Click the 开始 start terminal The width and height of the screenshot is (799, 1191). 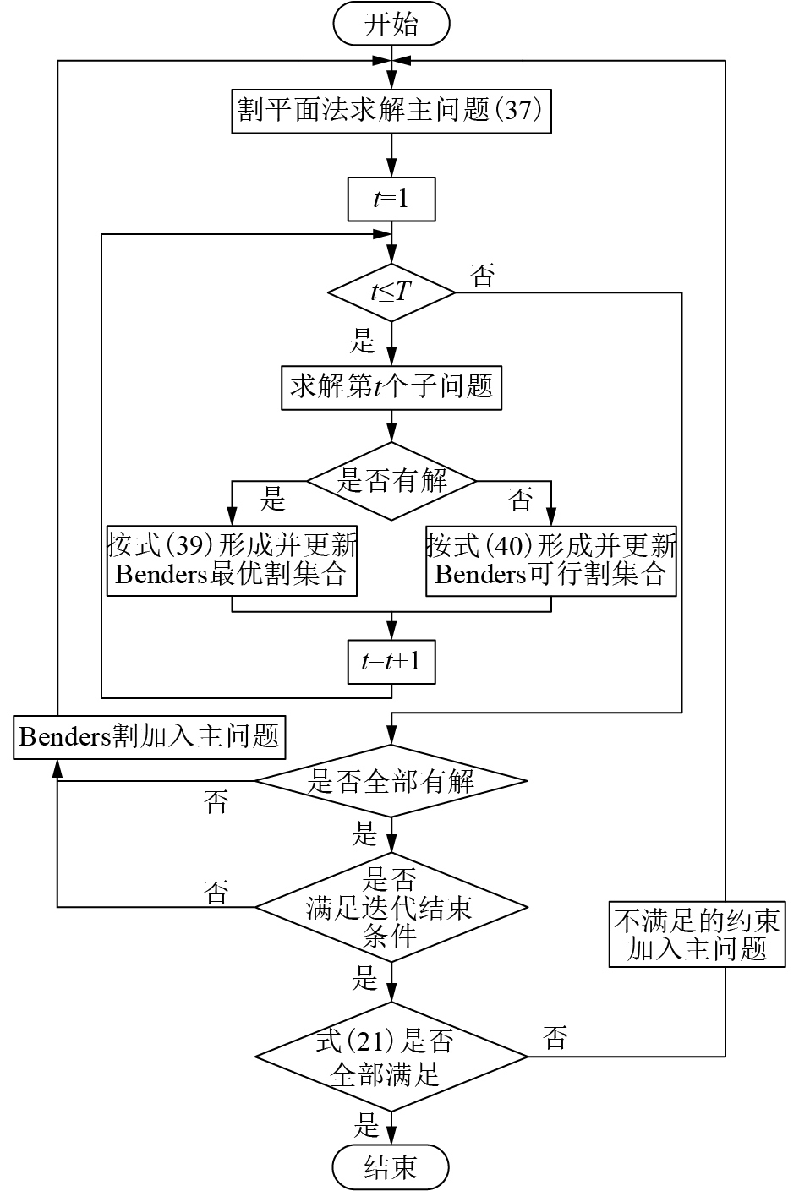tap(391, 25)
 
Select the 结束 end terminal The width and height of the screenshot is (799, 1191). tap(391, 1167)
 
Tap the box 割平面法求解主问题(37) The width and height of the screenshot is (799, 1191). tap(391, 110)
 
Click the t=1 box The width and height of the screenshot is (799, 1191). tap(391, 199)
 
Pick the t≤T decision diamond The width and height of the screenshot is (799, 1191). tap(391, 292)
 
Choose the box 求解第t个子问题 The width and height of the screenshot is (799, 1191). tap(391, 388)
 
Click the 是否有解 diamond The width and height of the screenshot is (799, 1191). tap(391, 481)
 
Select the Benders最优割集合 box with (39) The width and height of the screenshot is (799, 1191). tap(232, 560)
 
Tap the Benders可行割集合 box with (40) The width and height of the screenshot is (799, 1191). tap(551, 560)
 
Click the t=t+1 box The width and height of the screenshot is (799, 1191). tap(391, 662)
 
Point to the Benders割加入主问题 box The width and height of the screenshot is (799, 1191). tap(150, 736)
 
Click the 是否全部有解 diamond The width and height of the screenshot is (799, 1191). tap(391, 781)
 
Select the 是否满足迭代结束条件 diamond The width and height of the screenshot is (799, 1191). tap(391, 908)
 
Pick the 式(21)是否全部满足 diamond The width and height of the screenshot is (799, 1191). tap(391, 1057)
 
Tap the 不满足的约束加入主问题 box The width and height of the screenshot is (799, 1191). tap(697, 934)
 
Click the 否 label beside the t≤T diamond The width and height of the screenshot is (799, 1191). tap(483, 276)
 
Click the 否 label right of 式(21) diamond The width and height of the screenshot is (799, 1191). tap(555, 1038)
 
